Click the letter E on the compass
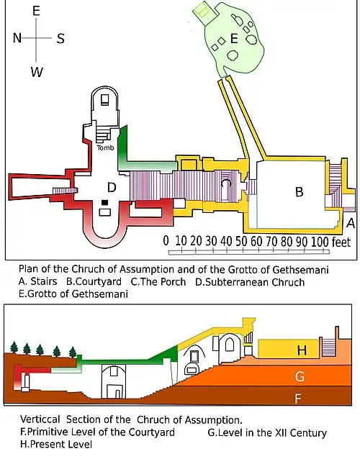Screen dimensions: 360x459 36,11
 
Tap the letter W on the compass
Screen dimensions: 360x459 37,72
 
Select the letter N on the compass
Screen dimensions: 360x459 17,37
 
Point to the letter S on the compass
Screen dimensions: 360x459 60,38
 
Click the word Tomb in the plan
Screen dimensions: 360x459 105,147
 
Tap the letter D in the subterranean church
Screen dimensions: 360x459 112,187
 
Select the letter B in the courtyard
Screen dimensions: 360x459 299,192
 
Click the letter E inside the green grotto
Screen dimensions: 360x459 234,38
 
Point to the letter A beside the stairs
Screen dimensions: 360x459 351,223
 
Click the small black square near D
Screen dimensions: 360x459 104,202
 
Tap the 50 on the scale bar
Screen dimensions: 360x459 241,241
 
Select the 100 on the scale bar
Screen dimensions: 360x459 320,242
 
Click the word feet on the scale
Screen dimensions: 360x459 341,242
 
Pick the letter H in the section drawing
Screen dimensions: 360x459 302,350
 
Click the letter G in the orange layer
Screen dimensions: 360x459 300,376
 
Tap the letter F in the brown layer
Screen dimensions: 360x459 298,399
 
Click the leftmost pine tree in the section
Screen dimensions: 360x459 14,347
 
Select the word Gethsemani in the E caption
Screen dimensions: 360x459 101,294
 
